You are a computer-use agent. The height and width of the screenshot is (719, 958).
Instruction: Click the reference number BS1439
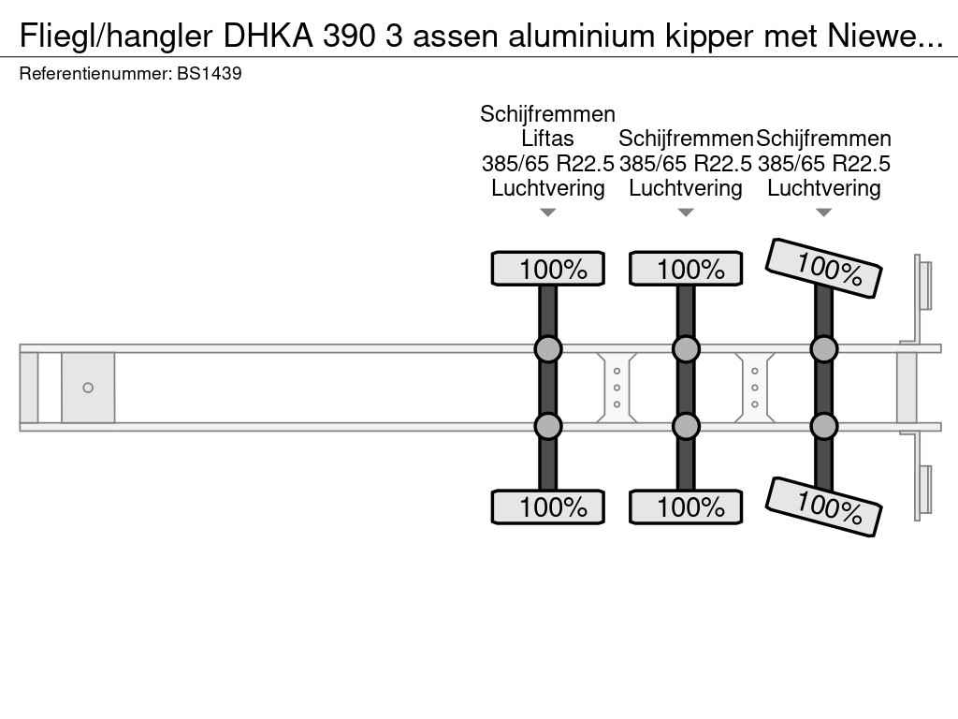[209, 73]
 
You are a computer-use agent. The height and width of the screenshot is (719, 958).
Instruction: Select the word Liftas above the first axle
[547, 139]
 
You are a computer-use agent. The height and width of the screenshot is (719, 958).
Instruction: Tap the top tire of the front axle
[548, 269]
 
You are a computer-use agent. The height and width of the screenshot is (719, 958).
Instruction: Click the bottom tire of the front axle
[548, 506]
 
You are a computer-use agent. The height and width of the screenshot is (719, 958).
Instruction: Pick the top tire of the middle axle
[686, 269]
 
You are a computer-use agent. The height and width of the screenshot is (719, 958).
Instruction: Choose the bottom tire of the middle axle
[686, 506]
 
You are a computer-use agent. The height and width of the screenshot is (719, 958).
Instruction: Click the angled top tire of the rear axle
[823, 268]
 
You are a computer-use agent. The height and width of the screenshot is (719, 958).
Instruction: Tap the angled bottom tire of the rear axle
[823, 506]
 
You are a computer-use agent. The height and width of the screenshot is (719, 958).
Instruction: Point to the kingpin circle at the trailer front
[88, 388]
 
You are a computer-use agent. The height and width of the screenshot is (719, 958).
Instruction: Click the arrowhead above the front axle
[548, 213]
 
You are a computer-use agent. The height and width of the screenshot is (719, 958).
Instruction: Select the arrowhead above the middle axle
[686, 213]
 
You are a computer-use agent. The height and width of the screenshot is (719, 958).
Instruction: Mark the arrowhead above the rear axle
[823, 213]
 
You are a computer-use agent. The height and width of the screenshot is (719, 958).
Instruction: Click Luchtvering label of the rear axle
[823, 188]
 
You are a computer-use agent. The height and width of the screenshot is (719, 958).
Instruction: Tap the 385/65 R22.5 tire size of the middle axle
[686, 164]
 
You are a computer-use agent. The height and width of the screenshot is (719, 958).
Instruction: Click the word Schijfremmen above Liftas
[547, 114]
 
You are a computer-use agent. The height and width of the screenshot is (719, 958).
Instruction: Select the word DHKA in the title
[269, 37]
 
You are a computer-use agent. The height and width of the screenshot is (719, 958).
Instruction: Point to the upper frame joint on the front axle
[548, 349]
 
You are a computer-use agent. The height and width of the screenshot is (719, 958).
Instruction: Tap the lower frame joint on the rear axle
[823, 426]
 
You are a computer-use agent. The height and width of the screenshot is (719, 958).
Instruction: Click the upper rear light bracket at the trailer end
[922, 285]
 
